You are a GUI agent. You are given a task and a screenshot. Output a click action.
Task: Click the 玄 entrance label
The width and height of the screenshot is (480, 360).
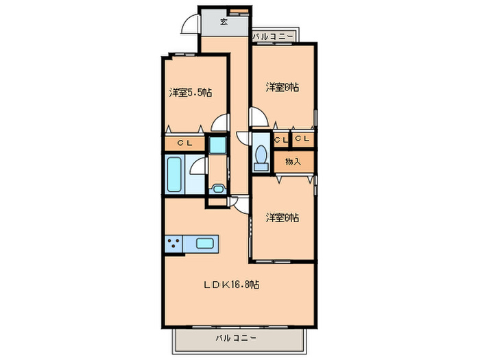pos(224,21)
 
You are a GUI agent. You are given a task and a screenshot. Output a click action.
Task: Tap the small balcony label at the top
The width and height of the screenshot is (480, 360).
pos(273,36)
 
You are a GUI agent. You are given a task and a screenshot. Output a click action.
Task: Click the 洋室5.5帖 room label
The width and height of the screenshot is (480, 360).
pos(189,92)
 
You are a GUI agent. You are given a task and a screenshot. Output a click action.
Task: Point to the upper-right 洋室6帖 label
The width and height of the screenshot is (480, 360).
pos(283,87)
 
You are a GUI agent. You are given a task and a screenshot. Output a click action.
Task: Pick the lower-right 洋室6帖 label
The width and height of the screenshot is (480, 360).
pos(283,218)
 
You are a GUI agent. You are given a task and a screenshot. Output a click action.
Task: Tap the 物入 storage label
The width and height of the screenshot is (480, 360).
pos(293,162)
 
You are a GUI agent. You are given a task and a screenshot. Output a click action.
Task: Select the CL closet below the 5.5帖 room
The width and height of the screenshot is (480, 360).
pos(184,144)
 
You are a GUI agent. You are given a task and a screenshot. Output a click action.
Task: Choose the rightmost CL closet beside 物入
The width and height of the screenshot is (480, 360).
pos(302,140)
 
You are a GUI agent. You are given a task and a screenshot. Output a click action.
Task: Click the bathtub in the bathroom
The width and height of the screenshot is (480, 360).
pos(174,175)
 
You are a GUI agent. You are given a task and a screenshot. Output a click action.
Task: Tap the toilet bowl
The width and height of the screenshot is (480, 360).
pos(261,156)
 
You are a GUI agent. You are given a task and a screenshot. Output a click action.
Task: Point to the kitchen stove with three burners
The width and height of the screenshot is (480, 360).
pos(173,243)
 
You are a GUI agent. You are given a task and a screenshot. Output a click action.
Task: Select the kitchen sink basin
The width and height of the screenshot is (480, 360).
pos(206,243)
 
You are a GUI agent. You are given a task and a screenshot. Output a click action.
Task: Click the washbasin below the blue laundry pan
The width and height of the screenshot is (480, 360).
pos(218,189)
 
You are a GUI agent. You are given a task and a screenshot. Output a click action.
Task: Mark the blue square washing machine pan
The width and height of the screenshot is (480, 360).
pos(217,145)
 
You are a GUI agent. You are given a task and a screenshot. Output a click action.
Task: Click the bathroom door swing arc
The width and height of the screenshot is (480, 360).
pos(197,166)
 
